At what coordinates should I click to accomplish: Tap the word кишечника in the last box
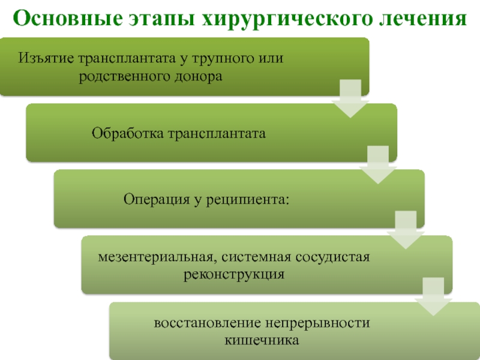pyautogui.click(x=261, y=341)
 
